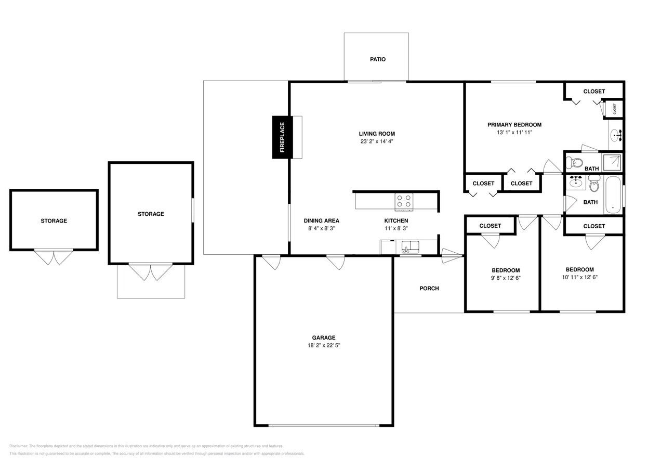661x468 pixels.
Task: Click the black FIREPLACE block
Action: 282,137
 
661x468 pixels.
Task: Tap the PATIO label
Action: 378,59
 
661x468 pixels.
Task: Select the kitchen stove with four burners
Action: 404,201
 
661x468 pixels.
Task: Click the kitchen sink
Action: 411,246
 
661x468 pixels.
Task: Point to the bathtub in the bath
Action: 613,194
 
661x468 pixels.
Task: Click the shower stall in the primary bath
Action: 612,161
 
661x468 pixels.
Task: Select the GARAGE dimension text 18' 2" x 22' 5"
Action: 323,345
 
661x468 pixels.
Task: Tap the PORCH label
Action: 429,289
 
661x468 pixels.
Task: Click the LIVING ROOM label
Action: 377,134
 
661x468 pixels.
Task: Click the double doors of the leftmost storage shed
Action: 54,257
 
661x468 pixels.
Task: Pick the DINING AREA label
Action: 321,220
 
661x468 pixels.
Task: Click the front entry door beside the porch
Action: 451,256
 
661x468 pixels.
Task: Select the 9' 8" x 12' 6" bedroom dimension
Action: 506,278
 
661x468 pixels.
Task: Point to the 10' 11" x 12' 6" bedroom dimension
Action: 579,277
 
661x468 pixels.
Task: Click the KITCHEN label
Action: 396,220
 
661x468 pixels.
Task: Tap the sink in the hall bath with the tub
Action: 575,182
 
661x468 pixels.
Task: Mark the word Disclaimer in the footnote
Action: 19,446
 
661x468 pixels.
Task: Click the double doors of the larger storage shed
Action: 151,272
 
